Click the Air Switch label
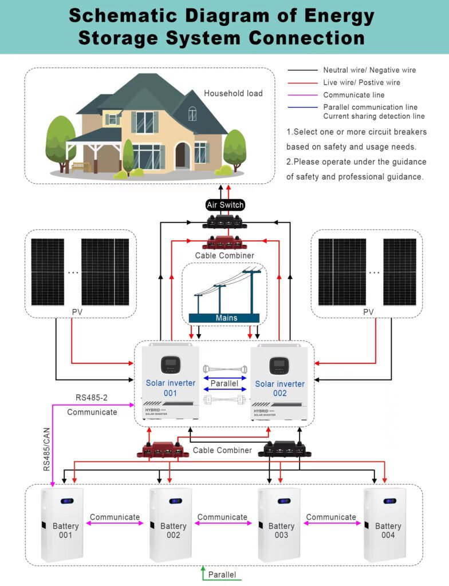224,205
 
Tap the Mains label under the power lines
226,318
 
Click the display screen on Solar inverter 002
279,365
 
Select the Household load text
233,93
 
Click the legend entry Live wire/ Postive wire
361,82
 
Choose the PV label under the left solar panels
77,312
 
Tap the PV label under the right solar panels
368,312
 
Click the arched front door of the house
183,156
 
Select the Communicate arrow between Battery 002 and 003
222,522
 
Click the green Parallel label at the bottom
222,575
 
